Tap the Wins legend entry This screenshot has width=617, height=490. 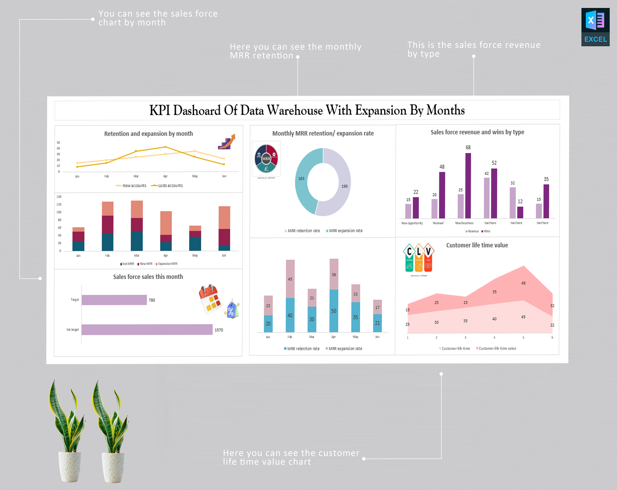pyautogui.click(x=486, y=231)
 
